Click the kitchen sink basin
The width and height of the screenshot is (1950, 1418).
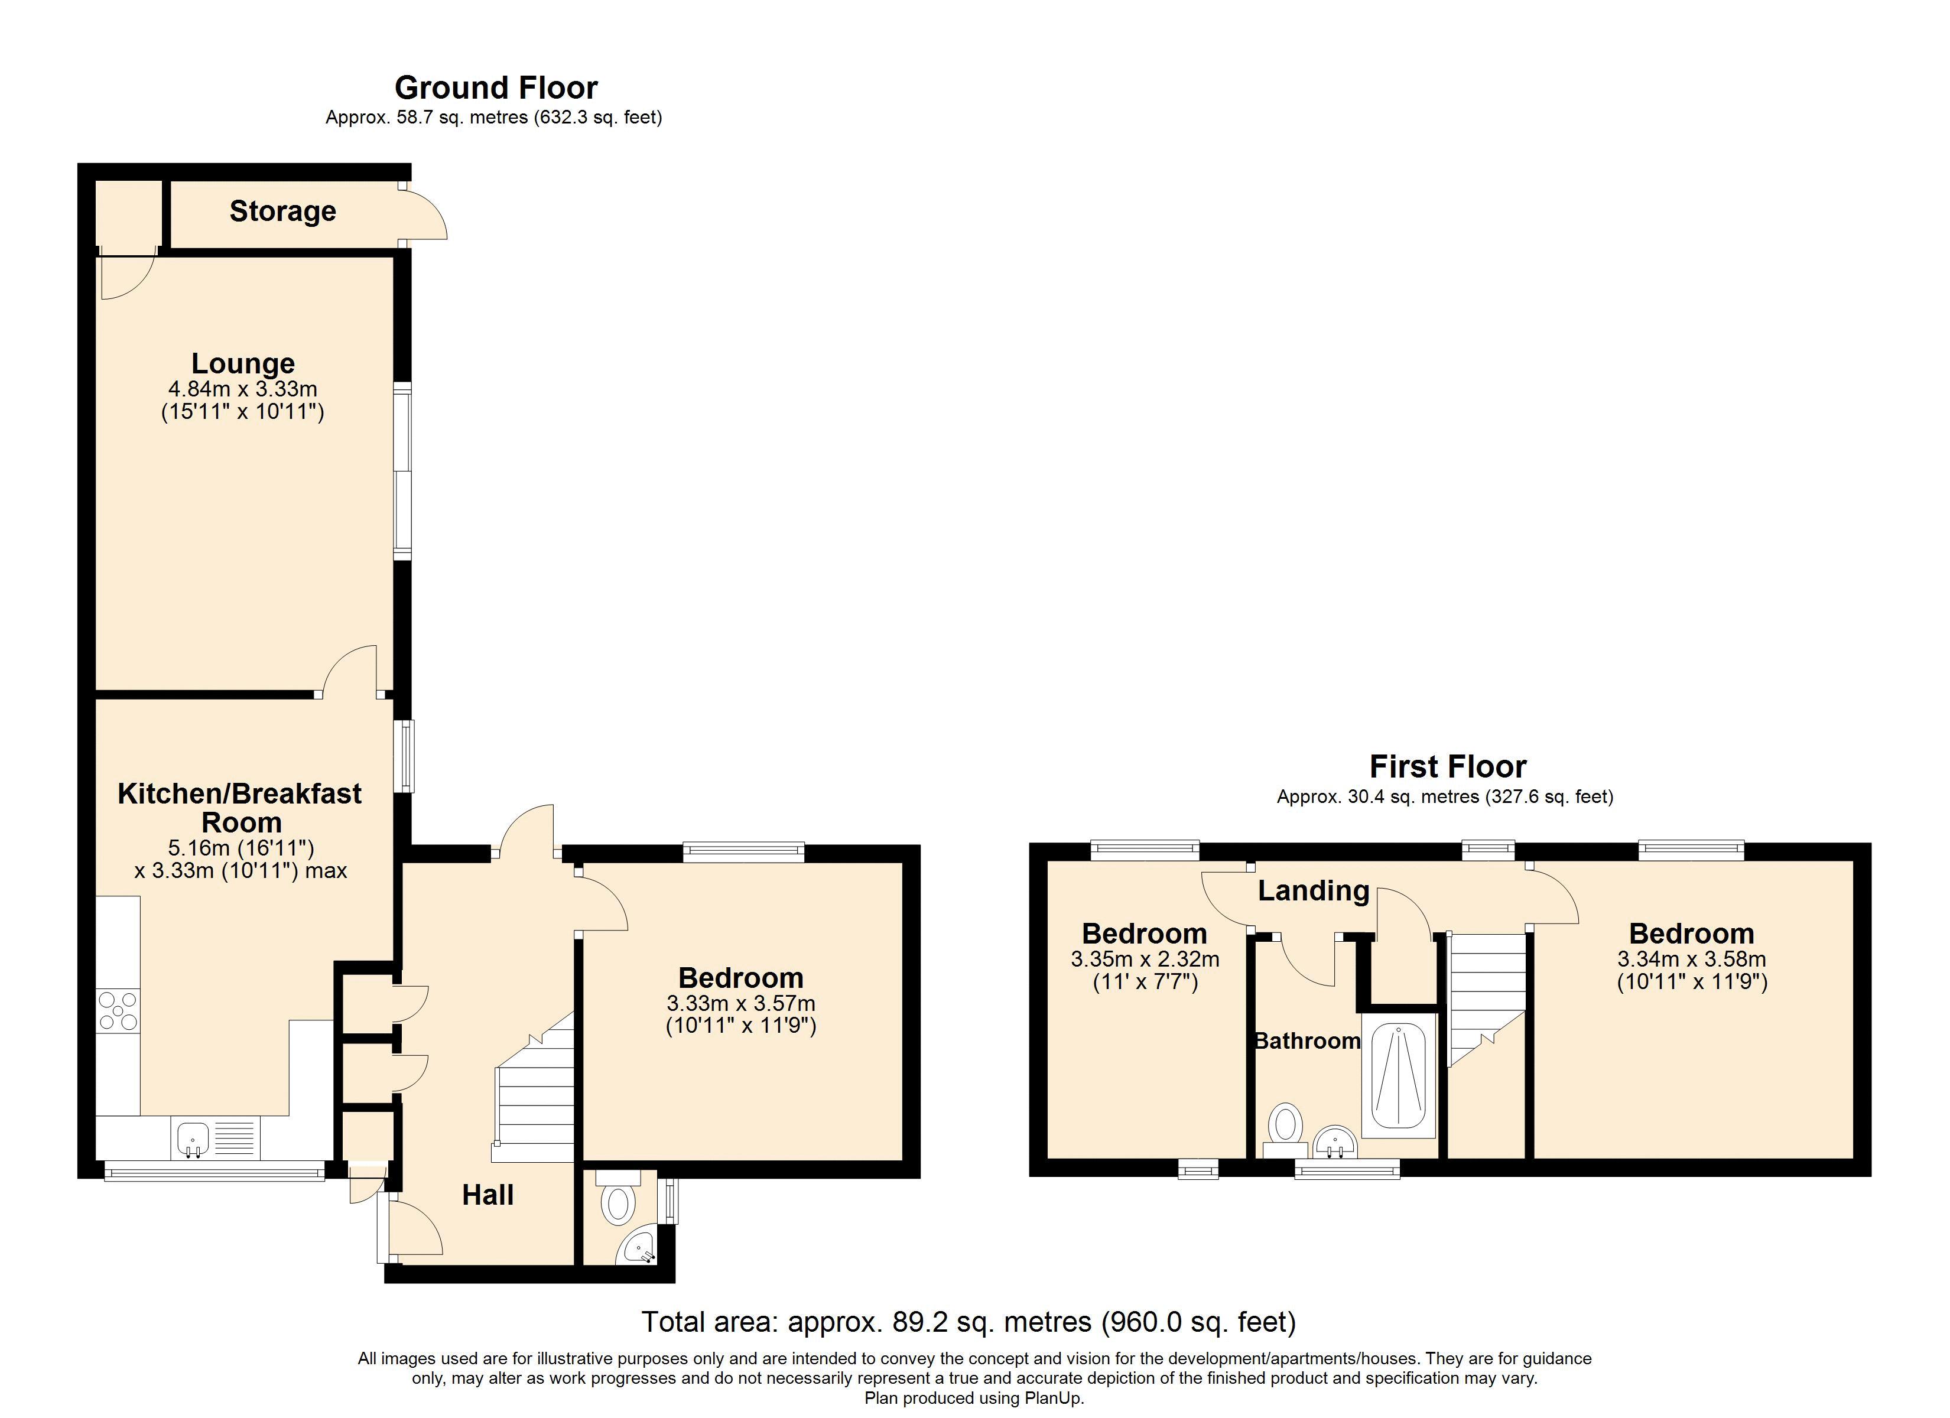coord(193,1139)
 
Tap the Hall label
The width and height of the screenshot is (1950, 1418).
coord(487,1195)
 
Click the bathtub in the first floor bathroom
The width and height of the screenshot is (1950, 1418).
coord(1398,1076)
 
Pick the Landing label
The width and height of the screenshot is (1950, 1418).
coord(1313,891)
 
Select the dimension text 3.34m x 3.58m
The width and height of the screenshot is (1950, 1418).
coord(1691,959)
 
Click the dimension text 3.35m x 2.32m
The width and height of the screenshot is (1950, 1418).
coord(1145,959)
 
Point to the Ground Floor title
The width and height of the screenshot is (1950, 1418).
coord(496,87)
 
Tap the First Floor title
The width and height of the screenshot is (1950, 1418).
coord(1447,766)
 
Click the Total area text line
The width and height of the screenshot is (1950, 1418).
coord(968,1322)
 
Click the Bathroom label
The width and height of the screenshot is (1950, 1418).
coord(1307,1042)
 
